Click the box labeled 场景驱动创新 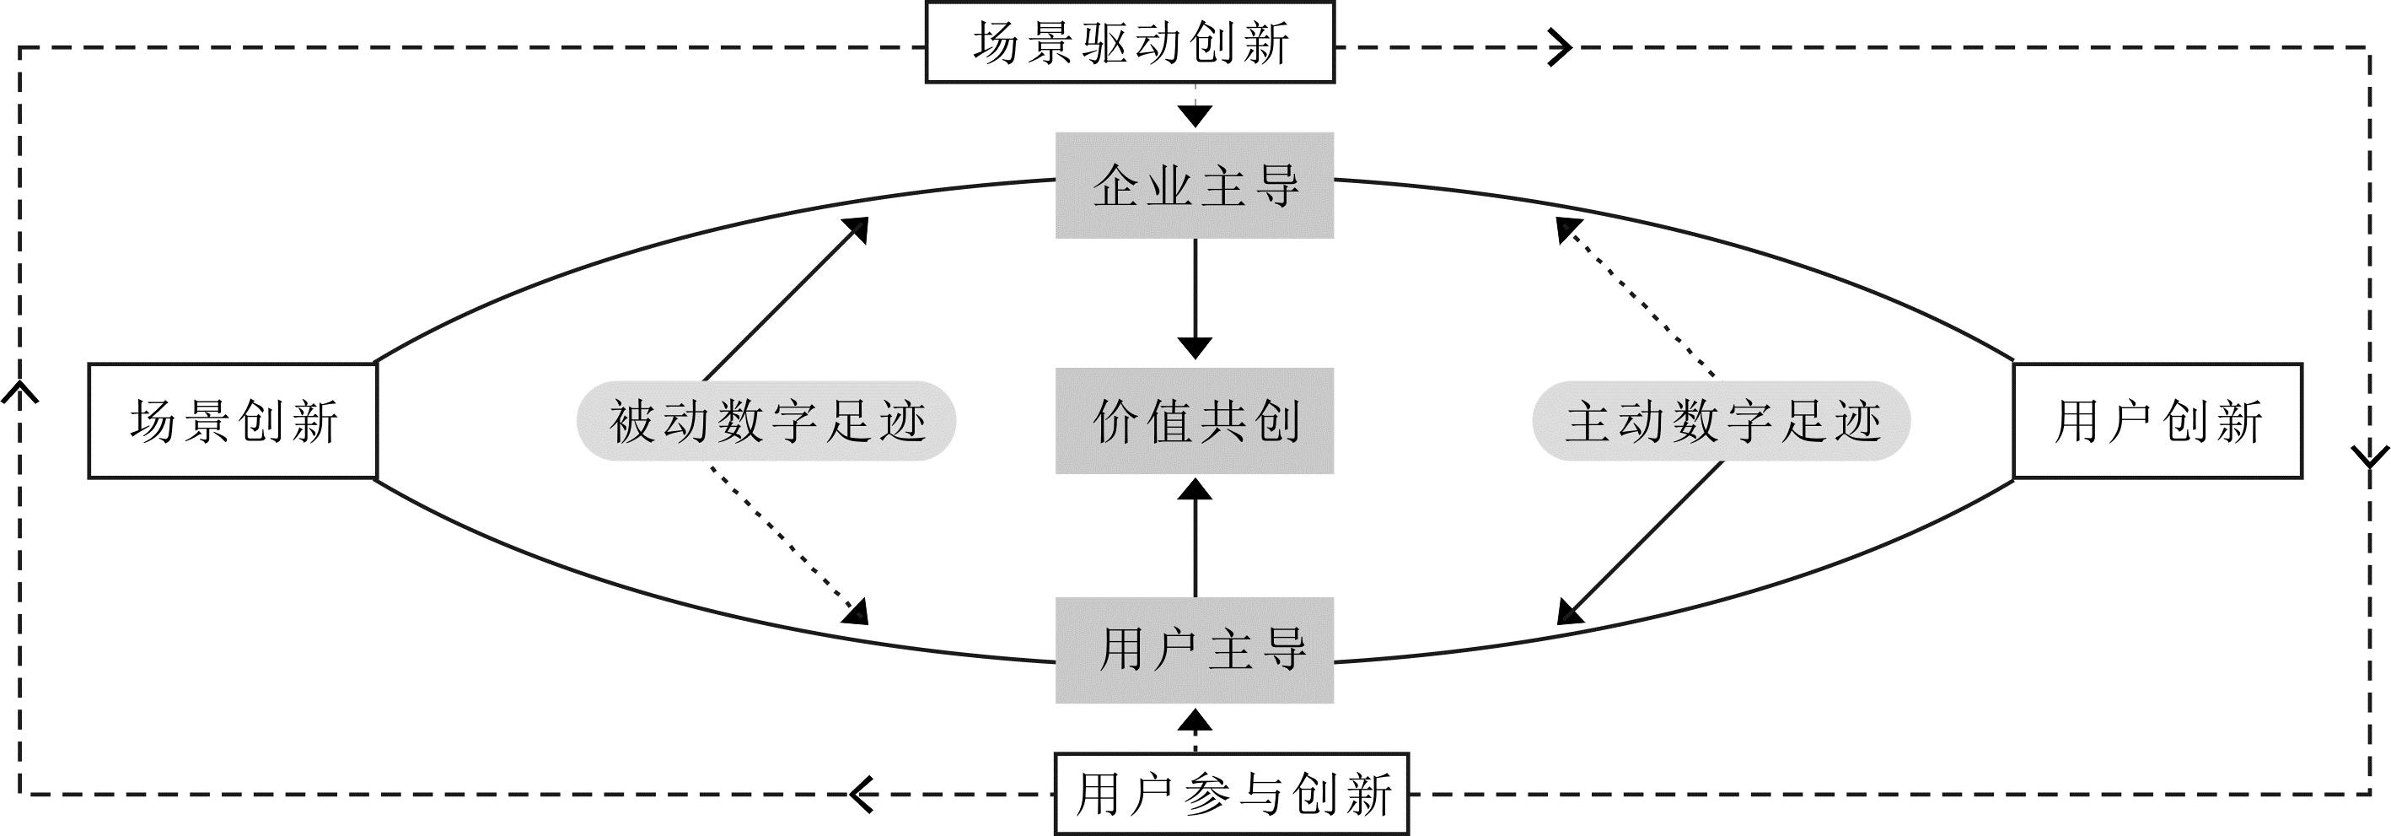pos(1130,43)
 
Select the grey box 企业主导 pos(1195,186)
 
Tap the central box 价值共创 pos(1195,421)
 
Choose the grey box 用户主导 pos(1195,650)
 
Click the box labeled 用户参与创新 pos(1232,793)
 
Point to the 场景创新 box pos(232,421)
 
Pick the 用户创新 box pos(2157,421)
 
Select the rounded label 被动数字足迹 pos(766,421)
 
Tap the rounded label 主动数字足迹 pos(1722,421)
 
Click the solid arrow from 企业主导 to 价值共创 pos(1195,297)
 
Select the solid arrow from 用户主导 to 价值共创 pos(1195,539)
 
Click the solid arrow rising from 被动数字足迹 pos(785,299)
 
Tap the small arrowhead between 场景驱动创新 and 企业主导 pos(1195,116)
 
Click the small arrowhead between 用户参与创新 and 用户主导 pos(1195,720)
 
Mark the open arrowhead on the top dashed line pos(1561,47)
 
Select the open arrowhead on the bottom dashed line pos(863,793)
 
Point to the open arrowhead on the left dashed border pos(19,394)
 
